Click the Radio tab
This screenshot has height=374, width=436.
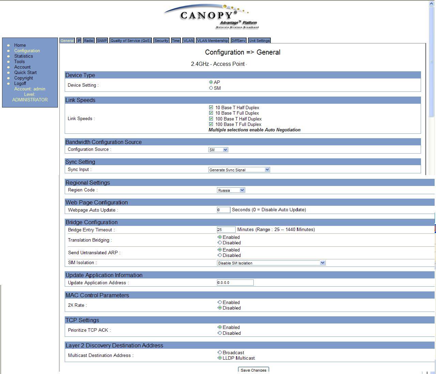point(89,41)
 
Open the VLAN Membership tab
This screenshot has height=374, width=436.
point(212,41)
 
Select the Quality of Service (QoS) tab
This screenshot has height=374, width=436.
point(130,41)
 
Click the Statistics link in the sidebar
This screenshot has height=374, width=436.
point(24,56)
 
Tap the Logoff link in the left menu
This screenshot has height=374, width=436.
point(20,83)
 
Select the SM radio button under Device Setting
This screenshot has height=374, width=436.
point(211,88)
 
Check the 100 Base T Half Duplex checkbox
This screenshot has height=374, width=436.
point(211,119)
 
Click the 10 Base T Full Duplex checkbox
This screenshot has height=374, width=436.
point(211,113)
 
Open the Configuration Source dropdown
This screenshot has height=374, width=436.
point(218,150)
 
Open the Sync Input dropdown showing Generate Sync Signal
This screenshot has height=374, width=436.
point(239,170)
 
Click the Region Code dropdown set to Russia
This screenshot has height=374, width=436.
point(231,190)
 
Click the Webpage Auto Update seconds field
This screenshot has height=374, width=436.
point(223,210)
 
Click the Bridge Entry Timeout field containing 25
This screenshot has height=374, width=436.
point(226,230)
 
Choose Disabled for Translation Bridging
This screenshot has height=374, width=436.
point(220,243)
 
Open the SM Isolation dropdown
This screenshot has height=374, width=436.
point(271,263)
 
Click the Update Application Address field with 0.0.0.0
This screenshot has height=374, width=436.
point(235,283)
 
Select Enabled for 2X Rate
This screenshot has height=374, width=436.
point(220,302)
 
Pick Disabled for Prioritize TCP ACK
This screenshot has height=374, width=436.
point(220,333)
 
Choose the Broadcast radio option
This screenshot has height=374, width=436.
point(220,353)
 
